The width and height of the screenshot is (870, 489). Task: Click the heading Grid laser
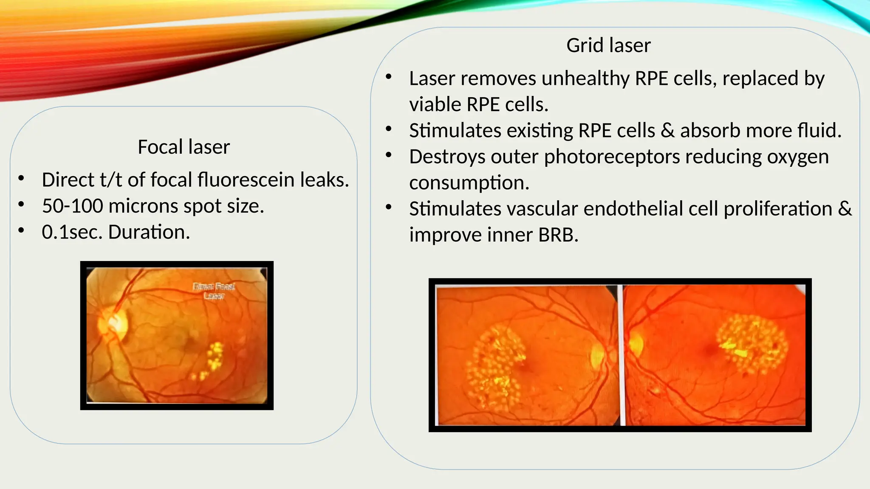[x=608, y=45]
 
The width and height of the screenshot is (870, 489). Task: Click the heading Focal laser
[x=184, y=147]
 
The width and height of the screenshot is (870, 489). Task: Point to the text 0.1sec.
[x=72, y=232]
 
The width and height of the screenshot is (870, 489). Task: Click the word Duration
[x=148, y=232]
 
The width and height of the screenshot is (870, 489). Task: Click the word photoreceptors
[x=612, y=157]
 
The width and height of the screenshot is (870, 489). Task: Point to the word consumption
[x=469, y=183]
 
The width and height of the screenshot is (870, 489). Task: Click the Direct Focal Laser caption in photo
[x=214, y=291]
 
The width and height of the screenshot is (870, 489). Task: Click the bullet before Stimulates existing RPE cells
[x=388, y=129]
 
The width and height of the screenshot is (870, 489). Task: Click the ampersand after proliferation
[x=845, y=209]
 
